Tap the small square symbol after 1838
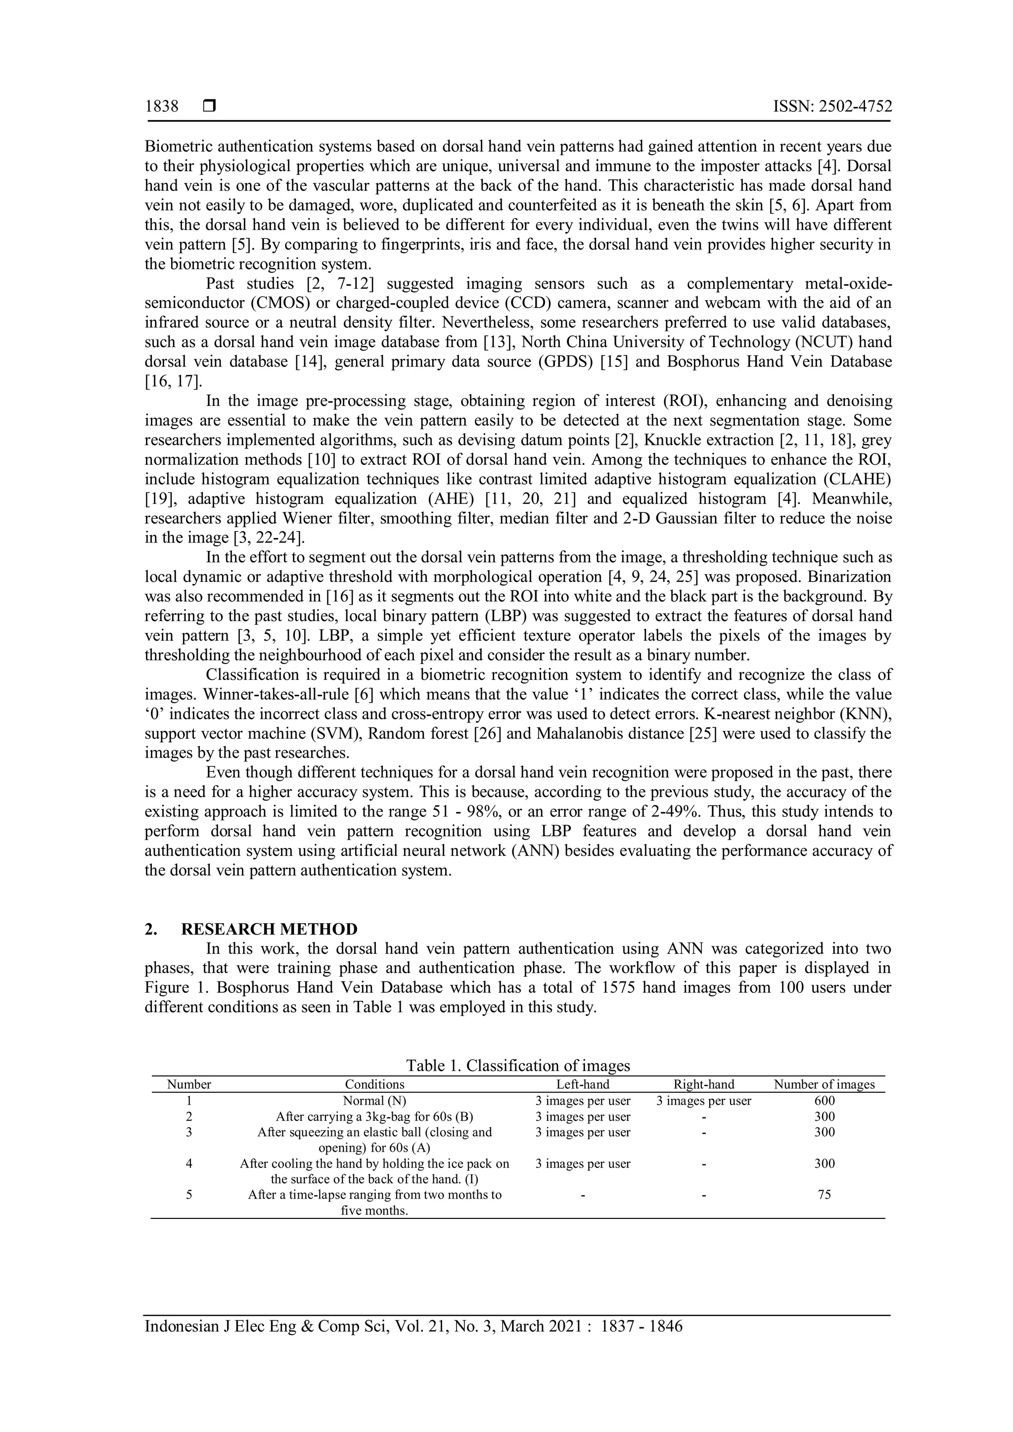[209, 107]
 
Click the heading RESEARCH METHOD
[269, 929]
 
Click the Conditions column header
[374, 1084]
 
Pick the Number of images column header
[824, 1084]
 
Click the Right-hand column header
[704, 1084]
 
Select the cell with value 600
[824, 1101]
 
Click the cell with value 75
[824, 1195]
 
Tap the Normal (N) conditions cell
[374, 1101]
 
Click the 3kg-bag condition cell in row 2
[374, 1117]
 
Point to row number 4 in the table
[189, 1164]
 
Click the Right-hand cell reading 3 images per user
[704, 1101]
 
